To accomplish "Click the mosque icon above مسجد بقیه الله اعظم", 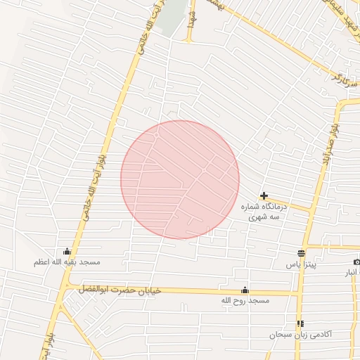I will coord(67,252).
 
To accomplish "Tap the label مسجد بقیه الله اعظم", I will coord(67,262).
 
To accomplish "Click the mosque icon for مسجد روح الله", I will coord(245,290).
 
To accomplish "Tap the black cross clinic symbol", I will coord(264,195).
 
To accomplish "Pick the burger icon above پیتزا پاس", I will coord(302,253).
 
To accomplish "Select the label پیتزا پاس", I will coord(302,264).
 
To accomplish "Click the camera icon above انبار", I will coord(356,262).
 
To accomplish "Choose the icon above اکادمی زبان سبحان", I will coord(300,323).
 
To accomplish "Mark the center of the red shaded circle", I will coord(180,179).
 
